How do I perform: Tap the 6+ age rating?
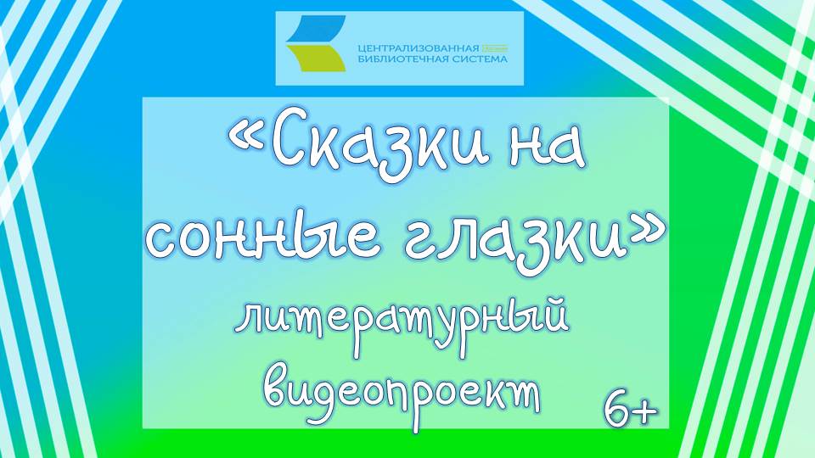[630, 410]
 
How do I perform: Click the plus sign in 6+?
[645, 411]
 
